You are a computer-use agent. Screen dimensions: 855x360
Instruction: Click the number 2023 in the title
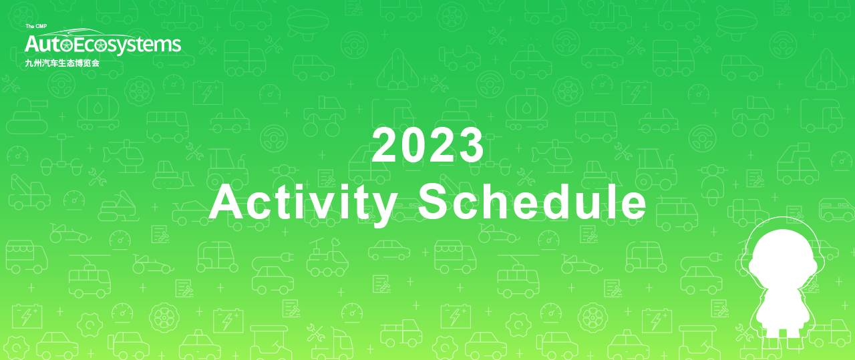[428, 145]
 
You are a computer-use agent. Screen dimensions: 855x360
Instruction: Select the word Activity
[303, 204]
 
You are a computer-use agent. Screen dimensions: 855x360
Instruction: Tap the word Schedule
[532, 201]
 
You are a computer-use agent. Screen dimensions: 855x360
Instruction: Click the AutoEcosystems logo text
[103, 45]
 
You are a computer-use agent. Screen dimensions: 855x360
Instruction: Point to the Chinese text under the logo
[62, 63]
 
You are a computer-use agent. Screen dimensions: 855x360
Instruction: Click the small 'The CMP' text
[36, 26]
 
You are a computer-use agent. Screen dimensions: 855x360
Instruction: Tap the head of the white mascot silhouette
[783, 262]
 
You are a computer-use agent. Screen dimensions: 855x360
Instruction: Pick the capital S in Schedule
[434, 201]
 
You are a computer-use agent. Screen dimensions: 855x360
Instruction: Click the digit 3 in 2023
[472, 145]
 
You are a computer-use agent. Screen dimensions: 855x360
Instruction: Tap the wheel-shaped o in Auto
[66, 46]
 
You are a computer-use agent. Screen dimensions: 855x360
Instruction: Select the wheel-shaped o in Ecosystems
[101, 46]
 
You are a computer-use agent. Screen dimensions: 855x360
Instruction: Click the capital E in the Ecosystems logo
[79, 44]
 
